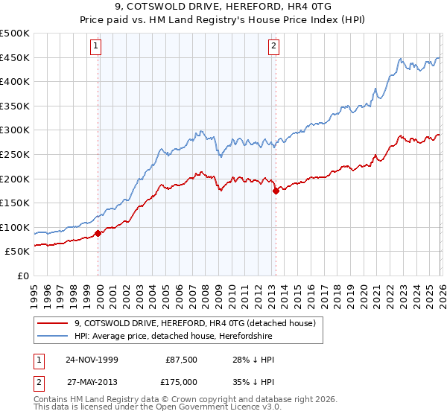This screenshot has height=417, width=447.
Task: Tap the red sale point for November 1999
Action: pyautogui.click(x=98, y=233)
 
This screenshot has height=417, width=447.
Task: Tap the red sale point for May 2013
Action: pyautogui.click(x=276, y=191)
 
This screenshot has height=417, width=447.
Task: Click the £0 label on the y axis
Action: pyautogui.click(x=22, y=276)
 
